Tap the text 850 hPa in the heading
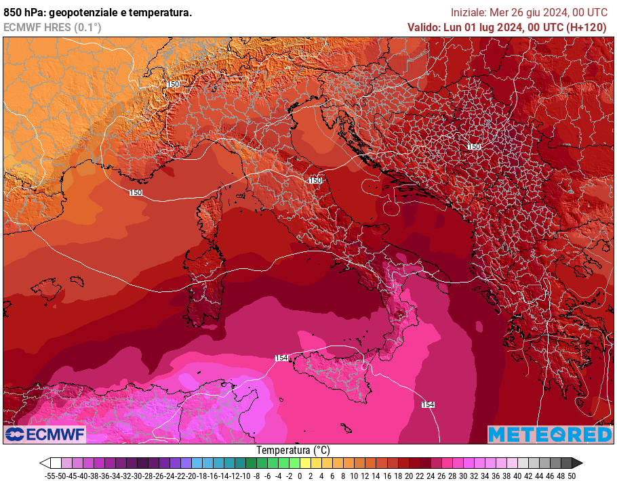(x=22, y=13)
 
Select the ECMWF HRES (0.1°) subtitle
(x=52, y=27)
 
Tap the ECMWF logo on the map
(x=45, y=434)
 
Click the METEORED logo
(x=549, y=434)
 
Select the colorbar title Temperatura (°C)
(x=293, y=451)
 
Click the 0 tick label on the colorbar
(x=300, y=476)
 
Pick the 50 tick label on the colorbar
(x=572, y=476)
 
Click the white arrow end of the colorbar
(x=45, y=463)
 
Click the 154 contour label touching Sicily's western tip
(x=282, y=358)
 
